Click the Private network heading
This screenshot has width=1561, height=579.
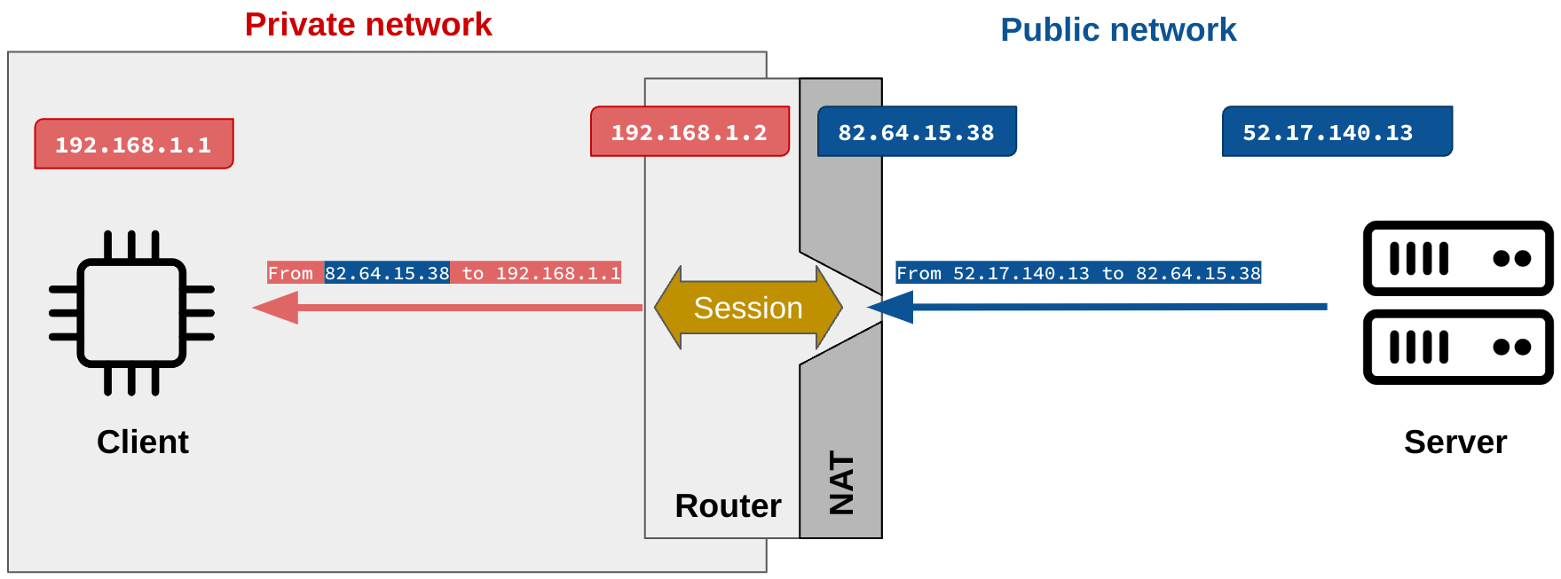click(368, 25)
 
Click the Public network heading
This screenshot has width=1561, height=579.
click(1117, 30)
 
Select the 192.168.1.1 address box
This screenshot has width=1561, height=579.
click(134, 145)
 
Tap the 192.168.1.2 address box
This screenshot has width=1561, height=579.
click(690, 132)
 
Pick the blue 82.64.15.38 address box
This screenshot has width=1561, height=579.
click(916, 132)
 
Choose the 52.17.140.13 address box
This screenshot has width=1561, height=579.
click(1336, 132)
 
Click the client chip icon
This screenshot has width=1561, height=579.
click(131, 312)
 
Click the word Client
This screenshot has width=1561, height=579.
click(142, 442)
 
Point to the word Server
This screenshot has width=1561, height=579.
click(1455, 442)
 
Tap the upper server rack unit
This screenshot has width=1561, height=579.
click(1457, 258)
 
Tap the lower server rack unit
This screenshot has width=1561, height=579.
click(1457, 347)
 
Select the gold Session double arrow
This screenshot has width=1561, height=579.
click(747, 308)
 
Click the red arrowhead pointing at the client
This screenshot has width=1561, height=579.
click(274, 308)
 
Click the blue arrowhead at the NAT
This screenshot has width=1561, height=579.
click(890, 308)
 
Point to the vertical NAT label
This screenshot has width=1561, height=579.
click(841, 483)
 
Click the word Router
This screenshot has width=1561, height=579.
click(728, 505)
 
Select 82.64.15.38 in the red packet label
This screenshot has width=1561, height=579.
click(387, 273)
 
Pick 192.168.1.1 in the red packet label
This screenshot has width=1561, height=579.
click(557, 273)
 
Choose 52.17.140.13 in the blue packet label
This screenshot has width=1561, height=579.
click(1021, 273)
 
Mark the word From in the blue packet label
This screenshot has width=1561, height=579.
click(918, 273)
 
